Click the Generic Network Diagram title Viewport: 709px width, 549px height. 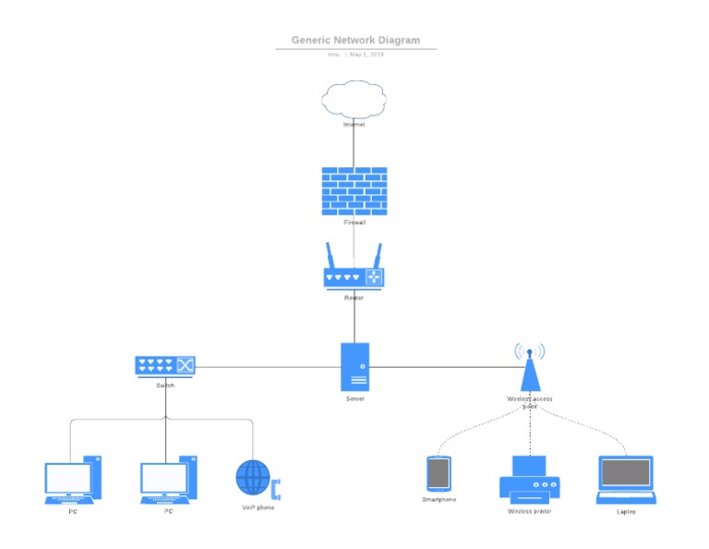pyautogui.click(x=355, y=40)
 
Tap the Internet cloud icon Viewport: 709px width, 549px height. pyautogui.click(x=354, y=99)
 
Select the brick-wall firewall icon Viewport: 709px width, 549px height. pyautogui.click(x=354, y=190)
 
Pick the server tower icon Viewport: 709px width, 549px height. pyautogui.click(x=354, y=367)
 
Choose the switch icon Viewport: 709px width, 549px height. pyautogui.click(x=166, y=366)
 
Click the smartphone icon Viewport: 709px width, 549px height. pyautogui.click(x=439, y=473)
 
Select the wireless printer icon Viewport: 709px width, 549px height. pyautogui.click(x=529, y=479)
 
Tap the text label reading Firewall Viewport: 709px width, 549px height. pyautogui.click(x=354, y=223)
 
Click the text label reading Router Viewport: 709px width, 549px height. pyautogui.click(x=354, y=298)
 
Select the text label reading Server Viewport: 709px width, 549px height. pyautogui.click(x=354, y=398)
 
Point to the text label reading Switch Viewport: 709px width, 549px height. pyautogui.click(x=166, y=384)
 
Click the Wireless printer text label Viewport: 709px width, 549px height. pyautogui.click(x=529, y=510)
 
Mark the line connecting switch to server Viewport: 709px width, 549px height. pyautogui.click(x=268, y=367)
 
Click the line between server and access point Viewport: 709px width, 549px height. pyautogui.click(x=443, y=367)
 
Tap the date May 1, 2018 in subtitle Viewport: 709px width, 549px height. pyautogui.click(x=367, y=55)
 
